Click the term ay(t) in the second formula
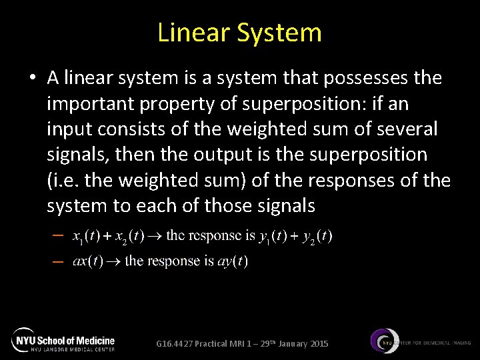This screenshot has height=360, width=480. pyautogui.click(x=233, y=261)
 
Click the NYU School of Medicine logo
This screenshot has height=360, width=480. pyautogui.click(x=63, y=340)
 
